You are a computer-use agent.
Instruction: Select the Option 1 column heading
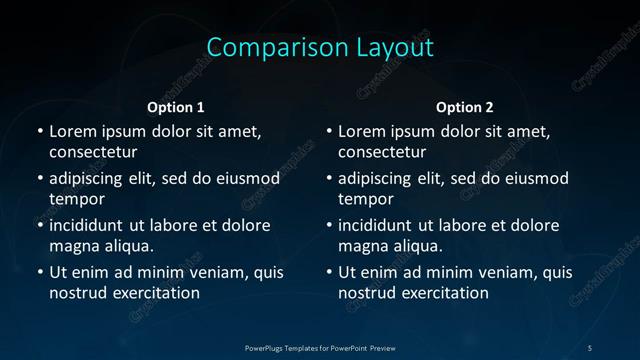coord(175,107)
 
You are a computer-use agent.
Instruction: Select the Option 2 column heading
coord(465,107)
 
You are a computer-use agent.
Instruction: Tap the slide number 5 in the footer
coord(589,347)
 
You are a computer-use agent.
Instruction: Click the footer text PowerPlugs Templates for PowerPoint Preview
coord(320,347)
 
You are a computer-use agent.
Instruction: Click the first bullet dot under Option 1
coord(39,131)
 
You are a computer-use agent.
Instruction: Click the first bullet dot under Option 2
coord(329,131)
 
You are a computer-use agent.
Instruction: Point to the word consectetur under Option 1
coord(93,153)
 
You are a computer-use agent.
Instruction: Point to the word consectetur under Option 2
coord(383,153)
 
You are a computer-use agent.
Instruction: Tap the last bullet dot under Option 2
coord(329,272)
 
